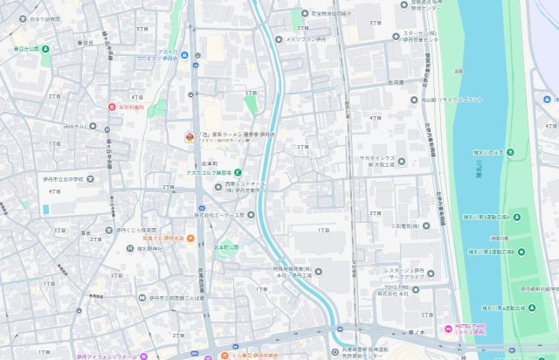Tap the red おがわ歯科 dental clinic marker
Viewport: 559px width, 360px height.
click(112, 107)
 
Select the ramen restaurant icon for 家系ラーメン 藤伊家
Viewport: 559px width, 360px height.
click(189, 136)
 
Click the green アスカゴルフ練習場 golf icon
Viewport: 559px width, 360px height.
click(237, 171)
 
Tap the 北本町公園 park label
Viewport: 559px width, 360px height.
click(228, 247)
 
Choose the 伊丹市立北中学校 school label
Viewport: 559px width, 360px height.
click(58, 180)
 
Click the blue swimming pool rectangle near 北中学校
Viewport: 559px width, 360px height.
click(45, 210)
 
